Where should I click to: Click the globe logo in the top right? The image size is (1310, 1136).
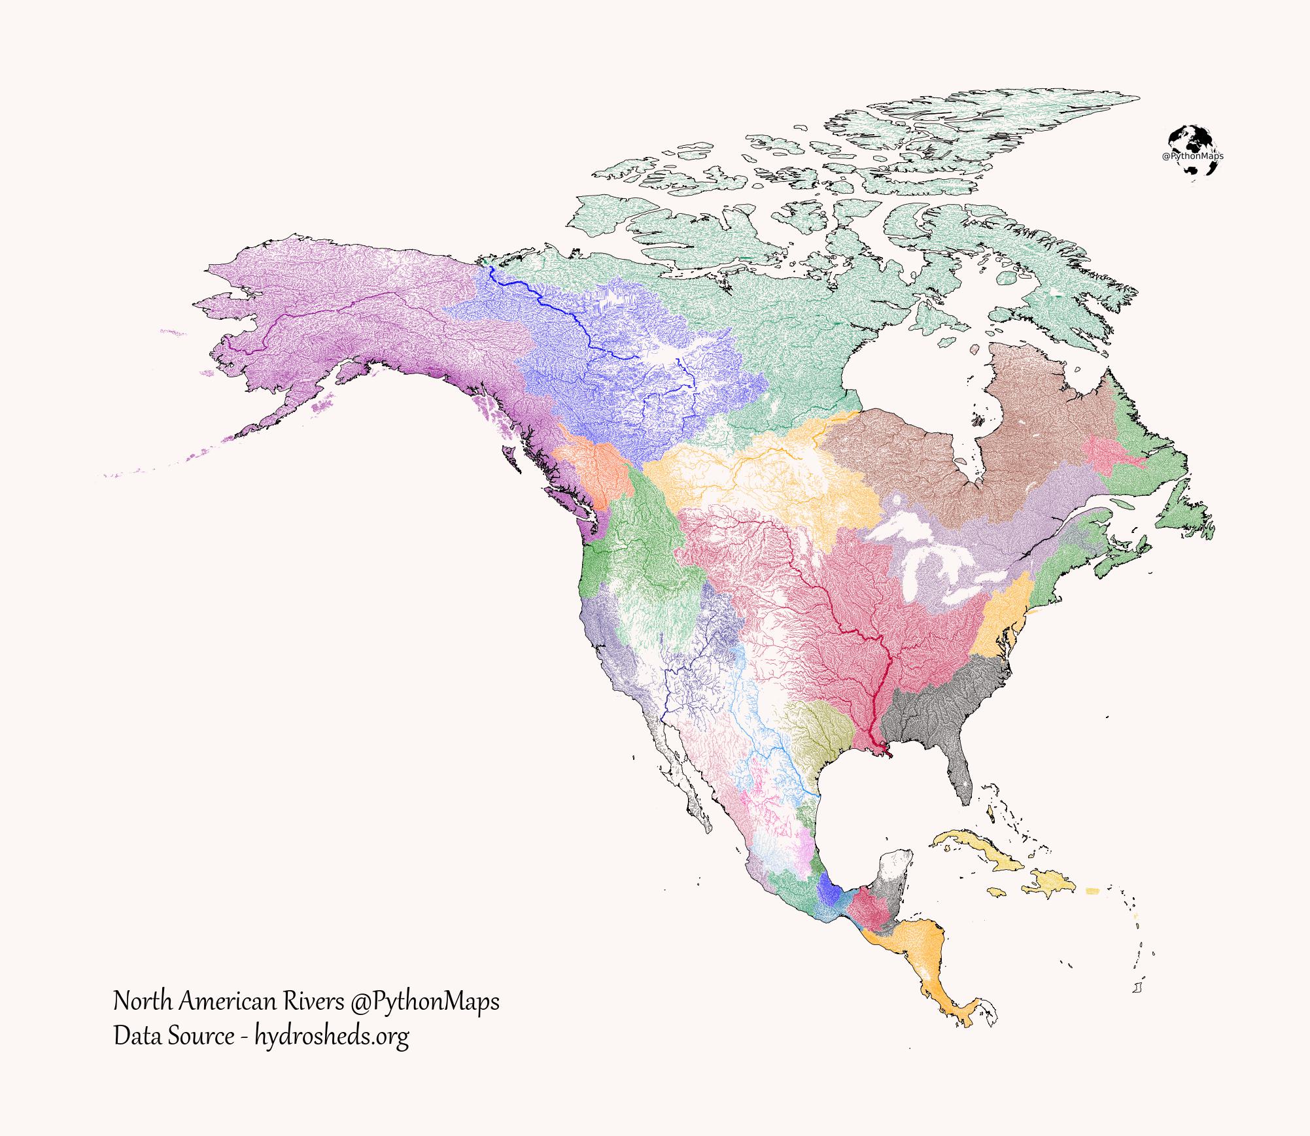point(1193,151)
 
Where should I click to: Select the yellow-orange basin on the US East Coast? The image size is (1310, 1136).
point(997,621)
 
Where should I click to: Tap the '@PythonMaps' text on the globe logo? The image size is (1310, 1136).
point(1193,157)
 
